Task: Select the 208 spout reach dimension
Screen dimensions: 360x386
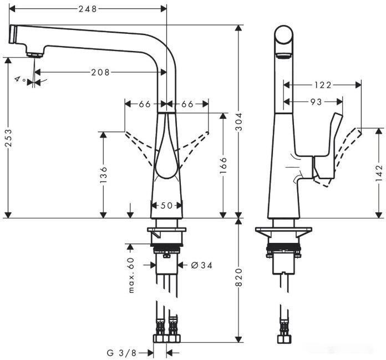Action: [100, 72]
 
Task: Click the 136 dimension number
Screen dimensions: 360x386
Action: [103, 174]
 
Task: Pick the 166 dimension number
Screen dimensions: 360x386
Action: [224, 165]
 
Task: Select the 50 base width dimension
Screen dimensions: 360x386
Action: [167, 206]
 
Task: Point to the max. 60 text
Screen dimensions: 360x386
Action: [132, 275]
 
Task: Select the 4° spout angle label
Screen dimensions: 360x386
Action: [20, 80]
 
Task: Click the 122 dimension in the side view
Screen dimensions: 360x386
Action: [322, 85]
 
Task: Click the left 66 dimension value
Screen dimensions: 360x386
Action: [145, 104]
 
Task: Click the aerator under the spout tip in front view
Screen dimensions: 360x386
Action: [34, 54]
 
